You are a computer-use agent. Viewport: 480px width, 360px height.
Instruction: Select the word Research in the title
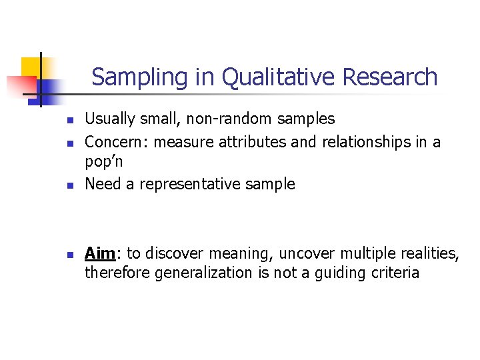[389, 78]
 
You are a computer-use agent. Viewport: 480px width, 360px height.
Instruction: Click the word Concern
[112, 141]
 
